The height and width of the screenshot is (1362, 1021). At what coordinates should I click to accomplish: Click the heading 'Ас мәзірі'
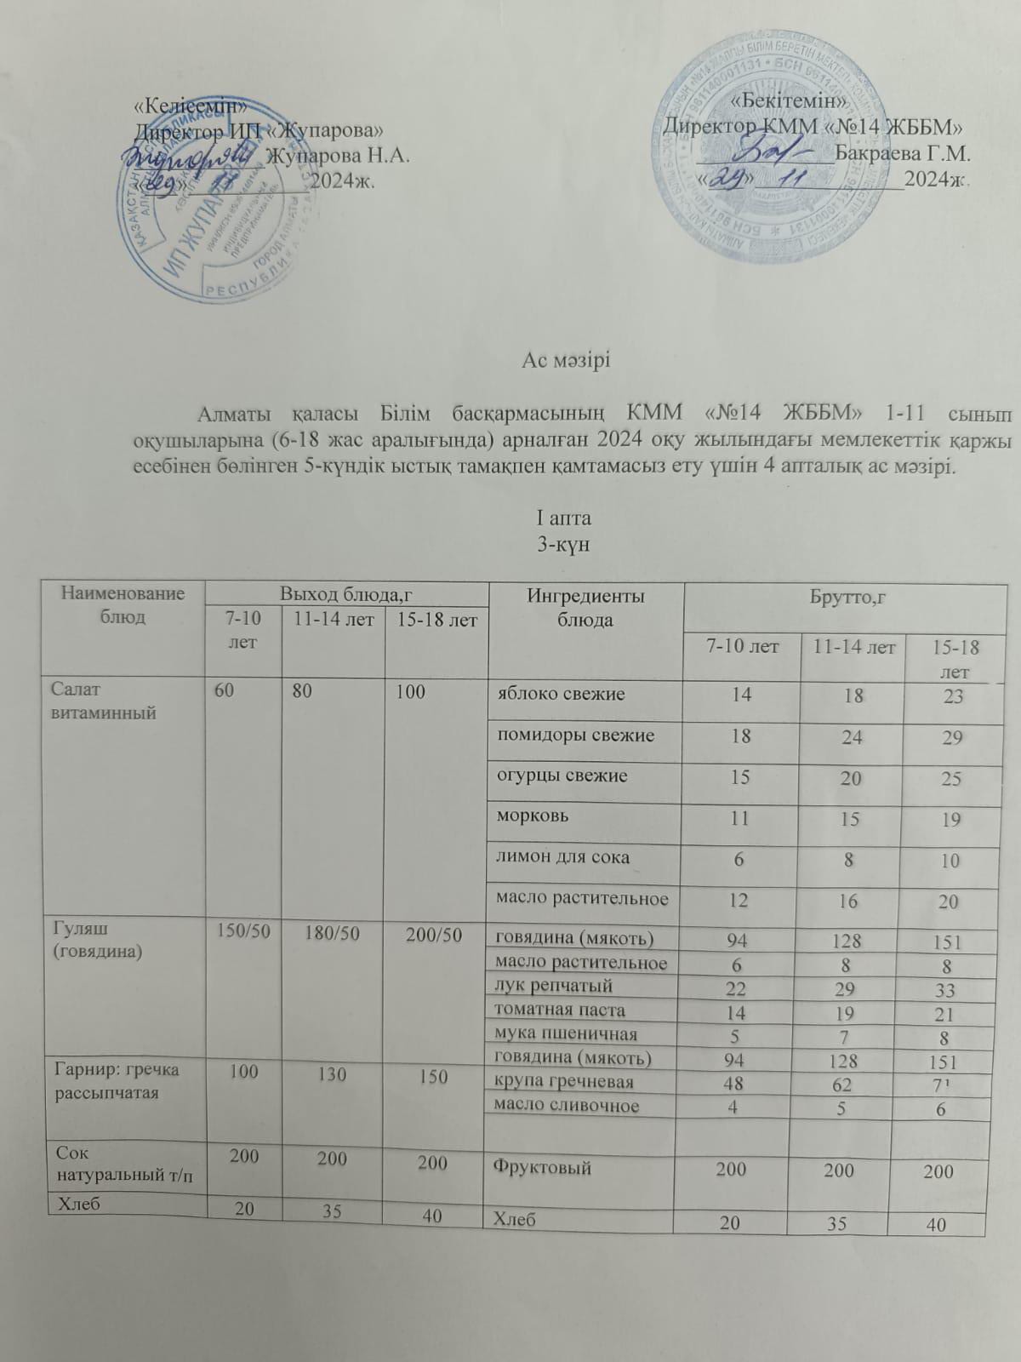click(x=567, y=359)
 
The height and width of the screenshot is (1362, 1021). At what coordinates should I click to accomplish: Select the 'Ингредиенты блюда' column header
click(x=586, y=608)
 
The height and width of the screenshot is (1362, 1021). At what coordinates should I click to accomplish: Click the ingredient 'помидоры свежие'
click(x=575, y=735)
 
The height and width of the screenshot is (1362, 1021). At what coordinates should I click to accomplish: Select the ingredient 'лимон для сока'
click(x=562, y=857)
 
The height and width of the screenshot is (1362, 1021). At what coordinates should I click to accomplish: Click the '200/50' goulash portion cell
click(x=434, y=935)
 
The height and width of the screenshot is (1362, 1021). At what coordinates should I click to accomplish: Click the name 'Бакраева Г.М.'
click(x=904, y=155)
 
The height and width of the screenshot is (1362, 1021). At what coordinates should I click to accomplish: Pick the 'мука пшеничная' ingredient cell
click(x=566, y=1034)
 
